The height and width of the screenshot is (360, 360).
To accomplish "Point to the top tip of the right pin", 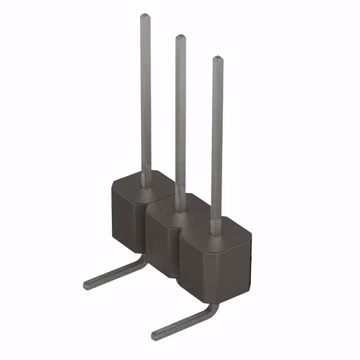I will pyautogui.click(x=217, y=58).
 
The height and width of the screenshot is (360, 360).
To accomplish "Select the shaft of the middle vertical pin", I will pyautogui.click(x=181, y=118).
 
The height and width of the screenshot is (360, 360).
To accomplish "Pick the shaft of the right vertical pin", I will pyautogui.click(x=217, y=141).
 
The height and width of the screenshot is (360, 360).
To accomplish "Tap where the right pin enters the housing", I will pyautogui.click(x=217, y=232).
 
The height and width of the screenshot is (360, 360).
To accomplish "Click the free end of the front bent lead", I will pyautogui.click(x=155, y=336).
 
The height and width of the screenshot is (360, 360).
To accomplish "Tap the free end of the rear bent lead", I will pyautogui.click(x=87, y=284).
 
